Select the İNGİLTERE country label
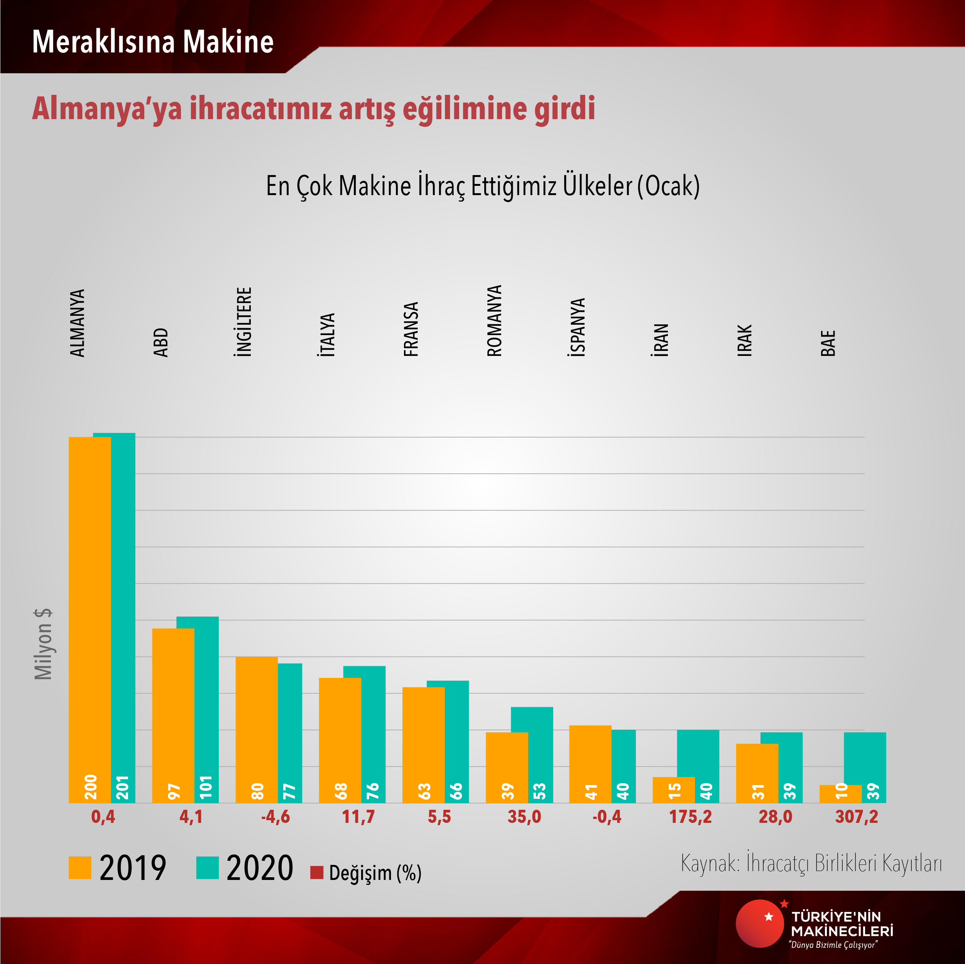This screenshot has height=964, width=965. (244, 322)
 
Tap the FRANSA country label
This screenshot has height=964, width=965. (411, 329)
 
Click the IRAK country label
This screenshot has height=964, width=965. (744, 340)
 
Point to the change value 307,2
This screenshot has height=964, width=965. (856, 817)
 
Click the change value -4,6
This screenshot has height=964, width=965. (275, 817)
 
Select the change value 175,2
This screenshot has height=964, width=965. (690, 817)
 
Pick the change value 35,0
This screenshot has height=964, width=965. (524, 817)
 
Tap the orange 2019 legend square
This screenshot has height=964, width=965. (80, 868)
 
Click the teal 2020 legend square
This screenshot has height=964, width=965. (207, 868)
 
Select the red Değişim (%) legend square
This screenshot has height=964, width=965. (317, 872)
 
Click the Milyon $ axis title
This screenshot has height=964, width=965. (44, 644)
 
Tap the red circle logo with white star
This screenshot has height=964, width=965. (760, 923)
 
